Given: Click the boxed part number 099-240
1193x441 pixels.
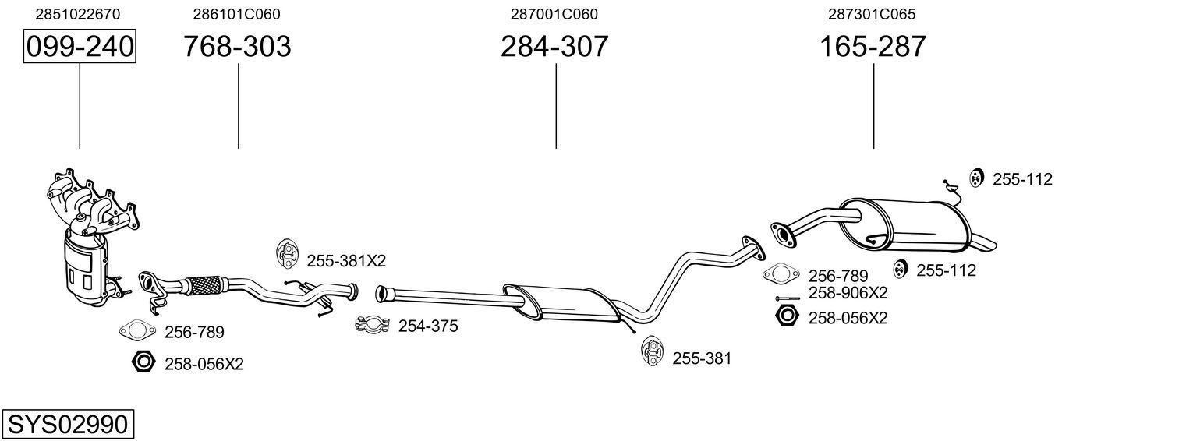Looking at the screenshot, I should tap(80, 47).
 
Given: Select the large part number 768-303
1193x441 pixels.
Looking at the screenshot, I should tap(237, 47).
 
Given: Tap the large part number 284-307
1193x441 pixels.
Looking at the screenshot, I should tap(554, 47).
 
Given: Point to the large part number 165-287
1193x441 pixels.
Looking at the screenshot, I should tap(873, 47).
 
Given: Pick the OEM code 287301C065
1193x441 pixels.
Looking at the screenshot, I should tap(872, 14).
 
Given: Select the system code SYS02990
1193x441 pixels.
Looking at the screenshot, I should tap(67, 425).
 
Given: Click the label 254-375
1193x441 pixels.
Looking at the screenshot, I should tap(428, 326).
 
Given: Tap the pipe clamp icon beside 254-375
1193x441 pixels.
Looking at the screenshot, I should tap(373, 324).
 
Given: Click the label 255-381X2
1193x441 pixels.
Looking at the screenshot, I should tap(346, 259).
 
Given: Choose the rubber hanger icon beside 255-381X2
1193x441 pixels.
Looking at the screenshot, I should tap(289, 252).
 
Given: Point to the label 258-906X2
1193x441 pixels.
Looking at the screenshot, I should tap(848, 293).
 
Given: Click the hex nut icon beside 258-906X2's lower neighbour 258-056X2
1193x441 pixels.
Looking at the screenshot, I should tap(787, 316).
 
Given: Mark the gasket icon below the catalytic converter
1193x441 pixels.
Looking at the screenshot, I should tap(137, 331).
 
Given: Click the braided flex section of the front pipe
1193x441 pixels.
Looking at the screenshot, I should tap(205, 284).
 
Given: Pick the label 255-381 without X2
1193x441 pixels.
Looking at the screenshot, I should tap(702, 358).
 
